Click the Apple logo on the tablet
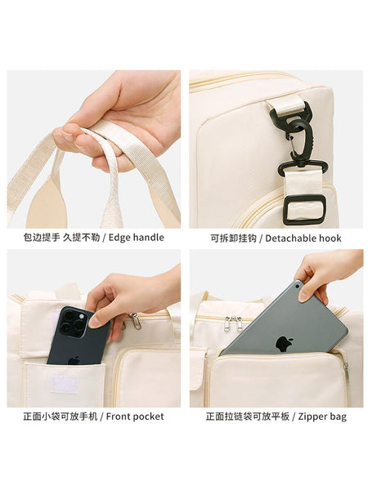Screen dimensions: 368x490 tap(284, 344)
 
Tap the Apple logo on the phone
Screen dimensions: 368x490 tap(74, 361)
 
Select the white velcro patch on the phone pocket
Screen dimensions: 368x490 tap(64, 385)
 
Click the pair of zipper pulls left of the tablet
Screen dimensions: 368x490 tap(233, 323)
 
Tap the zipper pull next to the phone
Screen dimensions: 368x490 tap(136, 321)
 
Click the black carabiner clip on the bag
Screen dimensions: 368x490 tap(295, 134)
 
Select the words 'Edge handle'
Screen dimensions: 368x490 tap(136, 238)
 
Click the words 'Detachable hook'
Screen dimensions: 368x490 tap(303, 238)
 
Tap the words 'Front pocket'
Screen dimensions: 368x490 tap(135, 416)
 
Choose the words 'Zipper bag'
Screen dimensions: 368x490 tap(322, 416)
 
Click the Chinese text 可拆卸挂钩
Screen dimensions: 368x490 tap(233, 238)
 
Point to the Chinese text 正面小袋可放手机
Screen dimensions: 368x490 tap(60, 416)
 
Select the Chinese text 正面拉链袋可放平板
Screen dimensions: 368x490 tap(248, 416)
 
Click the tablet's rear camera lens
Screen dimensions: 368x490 tap(297, 287)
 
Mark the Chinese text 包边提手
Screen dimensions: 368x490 tap(42, 238)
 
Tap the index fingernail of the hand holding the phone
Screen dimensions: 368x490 tap(93, 323)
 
